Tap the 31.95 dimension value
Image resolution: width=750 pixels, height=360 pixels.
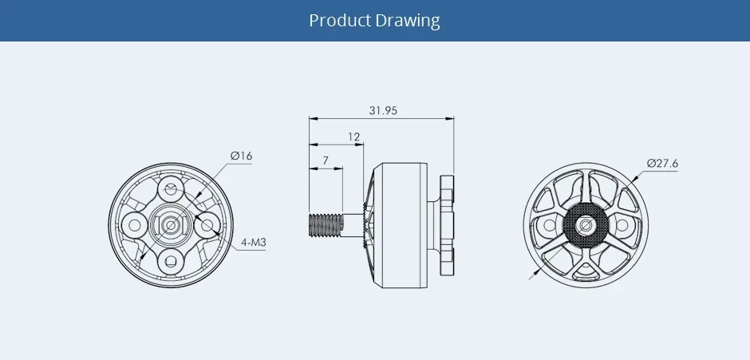(383, 111)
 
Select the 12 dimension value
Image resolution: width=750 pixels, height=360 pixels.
(353, 136)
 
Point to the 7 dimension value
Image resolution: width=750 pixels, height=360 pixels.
(326, 160)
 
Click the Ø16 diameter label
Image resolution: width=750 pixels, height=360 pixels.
(241, 156)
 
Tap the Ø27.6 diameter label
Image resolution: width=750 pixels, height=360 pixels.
(662, 164)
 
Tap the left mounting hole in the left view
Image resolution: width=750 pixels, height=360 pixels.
(136, 225)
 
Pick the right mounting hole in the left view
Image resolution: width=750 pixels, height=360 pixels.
(206, 225)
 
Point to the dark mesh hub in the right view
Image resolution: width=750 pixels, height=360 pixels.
(586, 225)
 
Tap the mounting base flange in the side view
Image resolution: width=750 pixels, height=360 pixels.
(448, 225)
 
